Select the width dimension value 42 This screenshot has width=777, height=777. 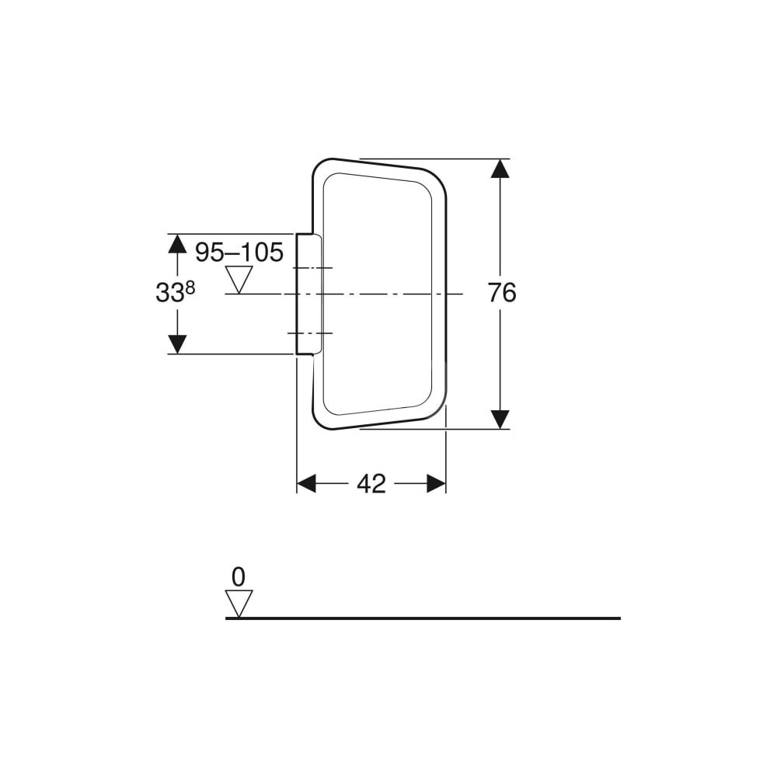[x=371, y=483]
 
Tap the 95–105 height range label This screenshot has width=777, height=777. [x=239, y=253]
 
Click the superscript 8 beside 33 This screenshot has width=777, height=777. [x=190, y=287]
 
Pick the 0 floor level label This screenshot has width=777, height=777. [x=239, y=577]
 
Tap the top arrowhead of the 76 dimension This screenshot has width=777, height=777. [x=500, y=169]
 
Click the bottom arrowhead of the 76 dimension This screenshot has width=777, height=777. [x=500, y=420]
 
